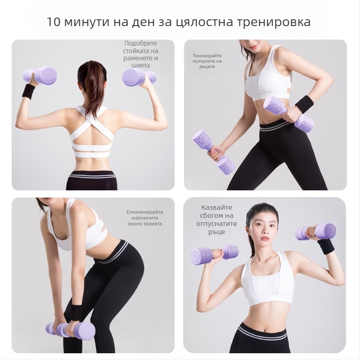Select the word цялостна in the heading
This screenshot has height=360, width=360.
pyautogui.click(x=208, y=22)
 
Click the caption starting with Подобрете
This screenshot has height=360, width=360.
pyautogui.click(x=141, y=54)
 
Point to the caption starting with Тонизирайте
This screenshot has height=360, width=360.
pyautogui.click(x=207, y=61)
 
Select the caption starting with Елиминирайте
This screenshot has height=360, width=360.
pyautogui.click(x=144, y=218)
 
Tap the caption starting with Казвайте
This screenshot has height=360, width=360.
pyautogui.click(x=216, y=220)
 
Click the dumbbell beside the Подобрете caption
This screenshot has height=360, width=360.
pyautogui.click(x=139, y=77)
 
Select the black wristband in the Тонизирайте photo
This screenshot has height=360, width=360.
pyautogui.click(x=305, y=104)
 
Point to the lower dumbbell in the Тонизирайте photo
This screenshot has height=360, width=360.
pyautogui.click(x=214, y=152)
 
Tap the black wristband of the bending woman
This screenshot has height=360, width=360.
pyautogui.click(x=76, y=312)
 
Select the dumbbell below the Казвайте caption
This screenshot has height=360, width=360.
pyautogui.click(x=214, y=254)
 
